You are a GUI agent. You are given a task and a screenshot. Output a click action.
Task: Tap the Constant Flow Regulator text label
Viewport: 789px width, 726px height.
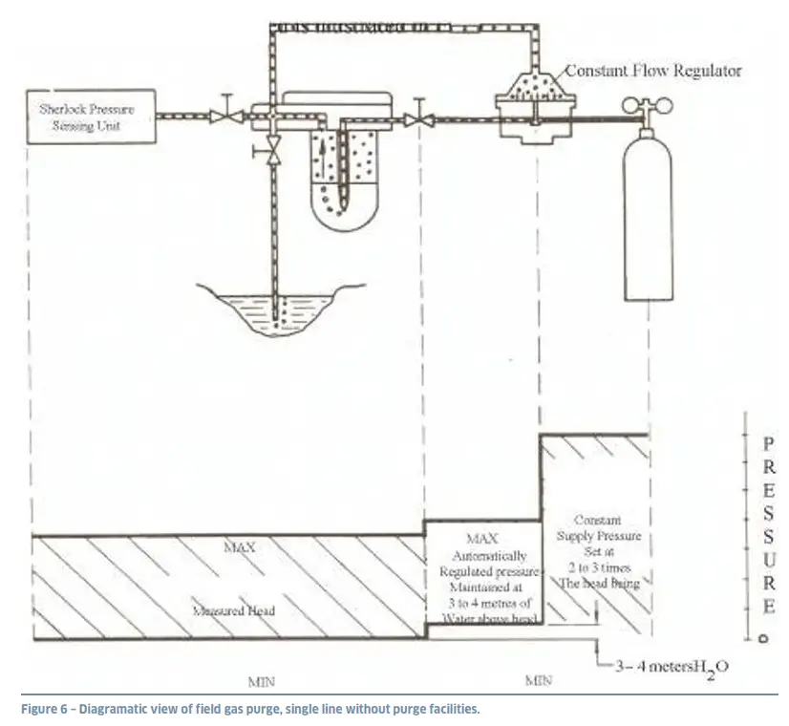click(x=652, y=71)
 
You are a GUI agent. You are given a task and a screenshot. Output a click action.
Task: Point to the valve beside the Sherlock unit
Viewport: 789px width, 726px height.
click(x=225, y=116)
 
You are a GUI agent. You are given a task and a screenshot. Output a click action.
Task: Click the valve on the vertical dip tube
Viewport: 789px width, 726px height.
click(x=274, y=151)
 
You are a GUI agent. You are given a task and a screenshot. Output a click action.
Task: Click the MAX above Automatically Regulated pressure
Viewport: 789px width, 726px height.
click(x=482, y=539)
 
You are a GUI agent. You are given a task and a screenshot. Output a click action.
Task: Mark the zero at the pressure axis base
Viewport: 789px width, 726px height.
click(x=762, y=638)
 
